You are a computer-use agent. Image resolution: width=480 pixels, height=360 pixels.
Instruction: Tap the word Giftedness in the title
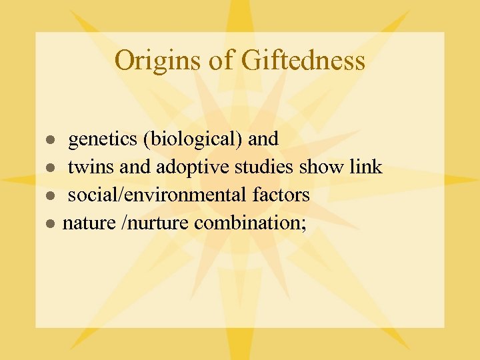[x=303, y=61]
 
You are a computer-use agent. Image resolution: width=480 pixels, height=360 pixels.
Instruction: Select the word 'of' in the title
[x=219, y=61]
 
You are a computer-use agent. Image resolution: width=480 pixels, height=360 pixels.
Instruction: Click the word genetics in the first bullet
[x=103, y=139]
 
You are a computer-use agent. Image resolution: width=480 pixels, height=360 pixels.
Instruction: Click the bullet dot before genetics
[x=49, y=140]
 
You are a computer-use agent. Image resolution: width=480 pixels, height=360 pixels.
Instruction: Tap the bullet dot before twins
[x=49, y=168]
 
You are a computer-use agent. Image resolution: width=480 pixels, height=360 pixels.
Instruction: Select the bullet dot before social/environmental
[x=49, y=196]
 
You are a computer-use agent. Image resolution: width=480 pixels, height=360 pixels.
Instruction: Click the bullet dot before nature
[x=49, y=224]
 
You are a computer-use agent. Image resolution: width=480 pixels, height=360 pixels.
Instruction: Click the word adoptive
[x=177, y=167]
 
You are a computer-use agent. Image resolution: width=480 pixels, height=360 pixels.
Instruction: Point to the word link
[x=366, y=167]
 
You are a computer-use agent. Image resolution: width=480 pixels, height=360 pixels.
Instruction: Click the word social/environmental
[x=158, y=195]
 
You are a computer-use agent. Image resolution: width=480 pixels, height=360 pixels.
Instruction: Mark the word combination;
[x=251, y=223]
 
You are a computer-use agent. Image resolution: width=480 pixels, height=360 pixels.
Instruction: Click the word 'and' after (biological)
[x=263, y=139]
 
